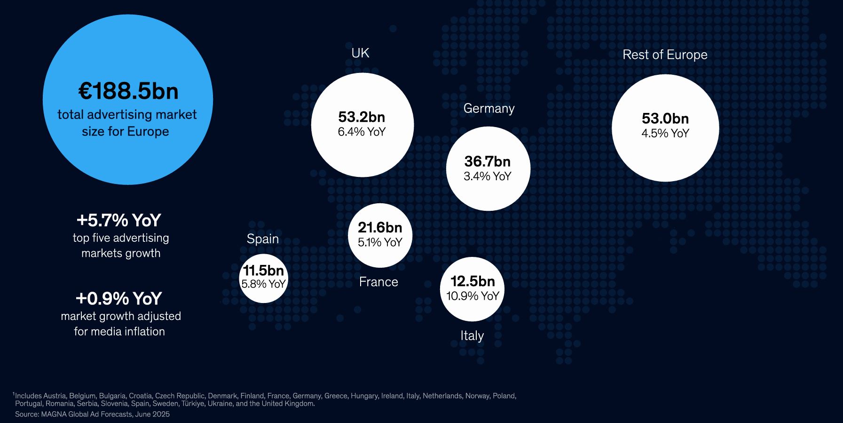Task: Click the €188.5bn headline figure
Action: (128, 91)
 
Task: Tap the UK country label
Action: (360, 53)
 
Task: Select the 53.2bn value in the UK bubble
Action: (362, 117)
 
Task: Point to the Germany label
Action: (489, 108)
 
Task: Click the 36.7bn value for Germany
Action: (488, 161)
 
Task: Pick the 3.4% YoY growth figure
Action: (488, 176)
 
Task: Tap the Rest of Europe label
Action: (665, 55)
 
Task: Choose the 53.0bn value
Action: (665, 118)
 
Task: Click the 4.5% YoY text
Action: (665, 133)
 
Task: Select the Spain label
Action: (263, 239)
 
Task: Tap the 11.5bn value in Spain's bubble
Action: (263, 271)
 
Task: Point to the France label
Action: (378, 282)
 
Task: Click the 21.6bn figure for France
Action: (380, 228)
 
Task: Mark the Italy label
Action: (472, 335)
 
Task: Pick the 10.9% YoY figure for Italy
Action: (473, 296)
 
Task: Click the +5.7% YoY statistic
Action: (119, 220)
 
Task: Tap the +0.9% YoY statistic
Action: (119, 298)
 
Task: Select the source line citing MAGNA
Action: (92, 414)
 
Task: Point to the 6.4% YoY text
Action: (362, 132)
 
